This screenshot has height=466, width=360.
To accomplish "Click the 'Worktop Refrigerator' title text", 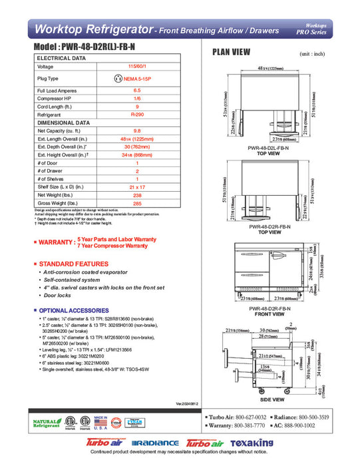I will [90, 29].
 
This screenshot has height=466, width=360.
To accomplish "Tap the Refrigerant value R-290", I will [136, 115].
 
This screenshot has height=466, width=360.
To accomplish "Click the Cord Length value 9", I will [136, 106].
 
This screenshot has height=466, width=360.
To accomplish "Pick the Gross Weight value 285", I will [136, 204].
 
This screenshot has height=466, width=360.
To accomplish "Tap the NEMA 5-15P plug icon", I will [118, 78].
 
